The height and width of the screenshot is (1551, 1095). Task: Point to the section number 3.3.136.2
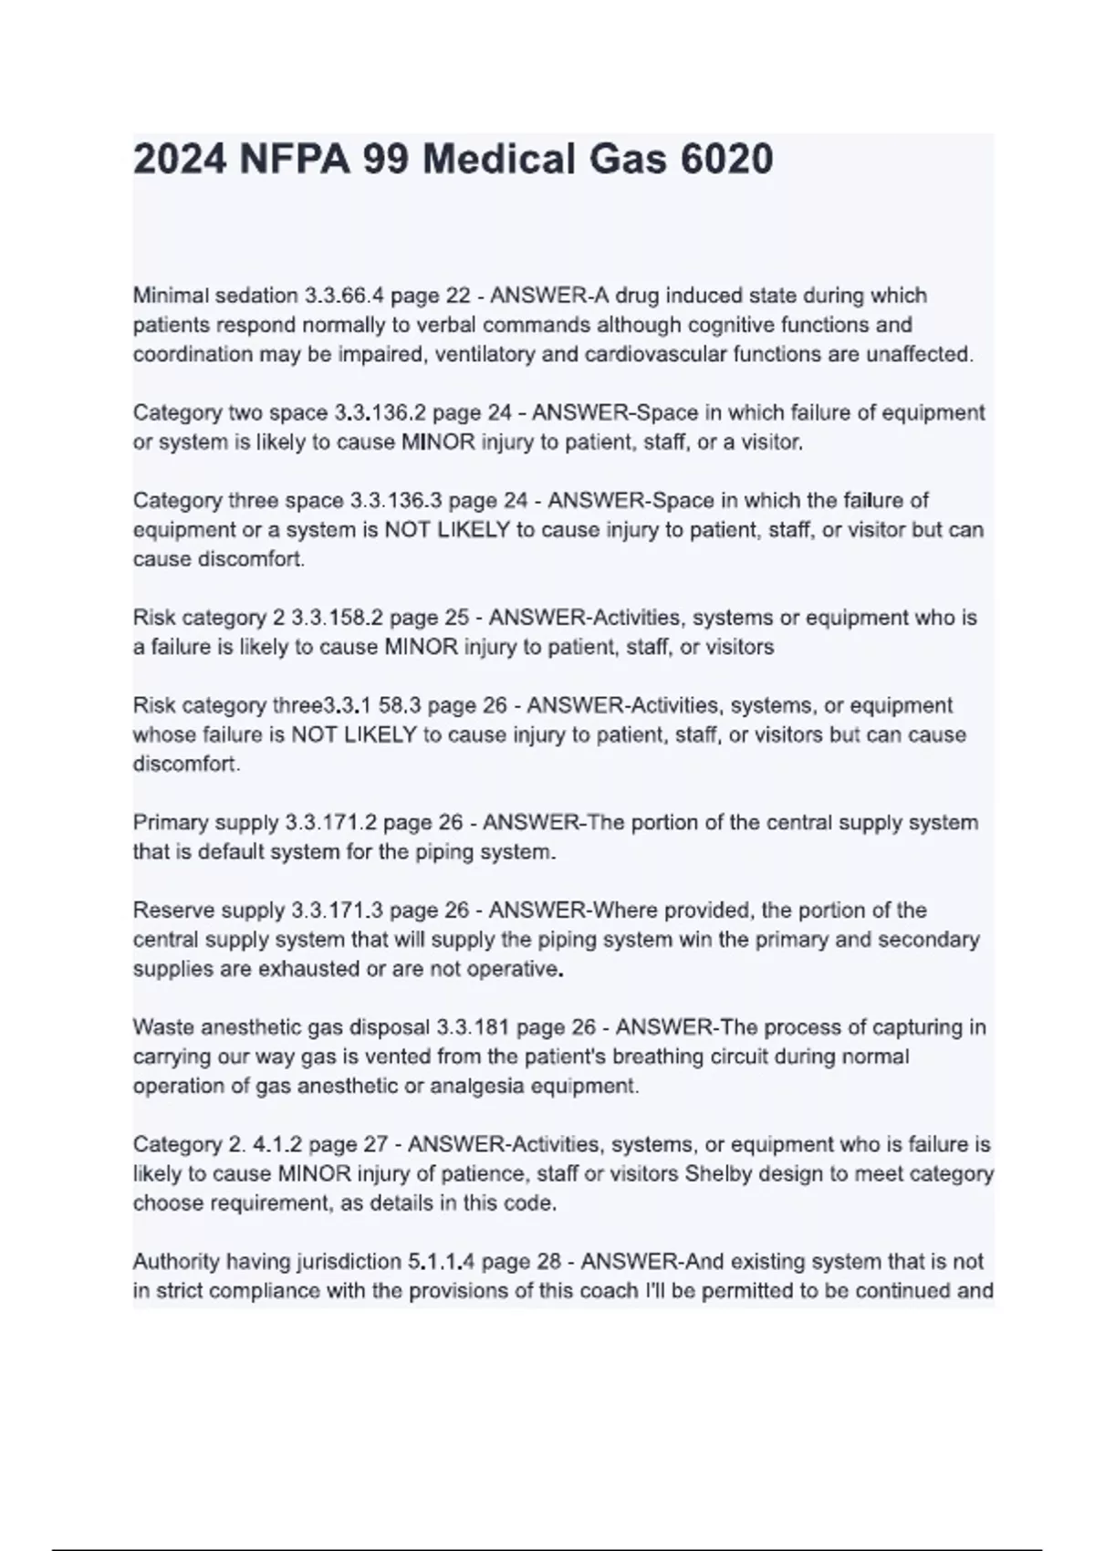(381, 412)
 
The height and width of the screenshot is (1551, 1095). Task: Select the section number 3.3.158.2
(337, 618)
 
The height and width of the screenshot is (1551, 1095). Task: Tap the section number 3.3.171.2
(330, 822)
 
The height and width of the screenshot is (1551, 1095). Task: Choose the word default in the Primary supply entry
(238, 852)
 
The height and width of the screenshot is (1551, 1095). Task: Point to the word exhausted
(308, 969)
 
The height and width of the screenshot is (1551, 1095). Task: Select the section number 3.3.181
(472, 1027)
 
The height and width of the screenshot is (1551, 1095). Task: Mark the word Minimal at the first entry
(170, 296)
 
